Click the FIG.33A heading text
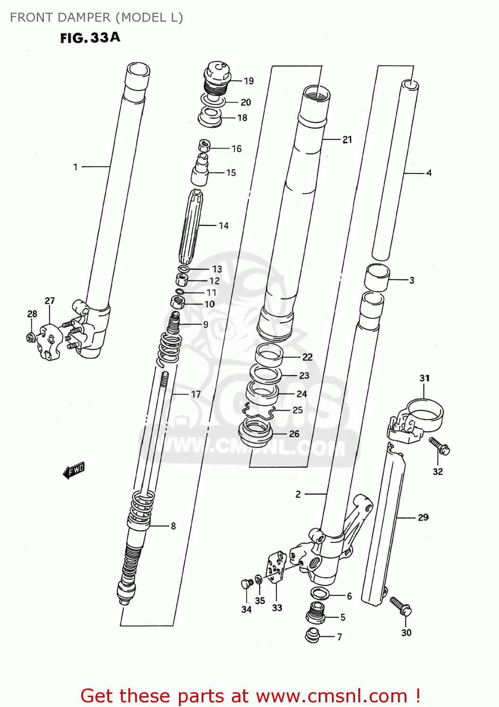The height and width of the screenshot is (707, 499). pyautogui.click(x=90, y=38)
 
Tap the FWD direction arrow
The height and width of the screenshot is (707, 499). pyautogui.click(x=74, y=470)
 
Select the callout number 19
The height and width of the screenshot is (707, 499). pyautogui.click(x=249, y=81)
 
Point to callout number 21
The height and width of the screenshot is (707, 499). pyautogui.click(x=347, y=140)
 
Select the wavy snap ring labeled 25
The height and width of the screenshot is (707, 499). pyautogui.click(x=259, y=412)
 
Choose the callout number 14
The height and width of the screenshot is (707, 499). pyautogui.click(x=224, y=226)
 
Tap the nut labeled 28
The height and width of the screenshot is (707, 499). pyautogui.click(x=31, y=337)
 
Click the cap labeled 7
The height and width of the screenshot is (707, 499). pyautogui.click(x=313, y=635)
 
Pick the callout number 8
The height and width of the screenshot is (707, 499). pyautogui.click(x=173, y=526)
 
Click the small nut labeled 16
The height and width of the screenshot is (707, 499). pyautogui.click(x=204, y=145)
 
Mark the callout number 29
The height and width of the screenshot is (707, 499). pyautogui.click(x=423, y=518)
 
